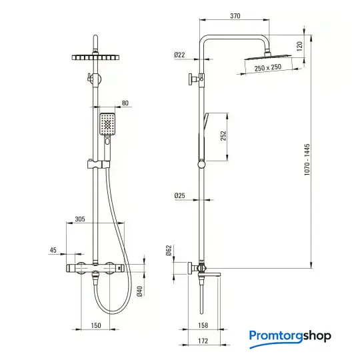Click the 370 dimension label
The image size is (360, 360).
(x=235, y=16)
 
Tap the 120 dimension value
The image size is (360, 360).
(x=299, y=46)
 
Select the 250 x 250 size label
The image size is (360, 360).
(x=268, y=67)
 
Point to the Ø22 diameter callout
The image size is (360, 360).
(x=179, y=55)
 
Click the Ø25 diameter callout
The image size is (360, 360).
(x=179, y=195)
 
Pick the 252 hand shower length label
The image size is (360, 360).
(x=223, y=136)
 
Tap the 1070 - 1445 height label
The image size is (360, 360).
(x=307, y=159)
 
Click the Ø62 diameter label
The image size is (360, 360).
(x=169, y=251)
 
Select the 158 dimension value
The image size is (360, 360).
(x=203, y=325)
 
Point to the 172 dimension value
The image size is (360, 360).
(x=203, y=341)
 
